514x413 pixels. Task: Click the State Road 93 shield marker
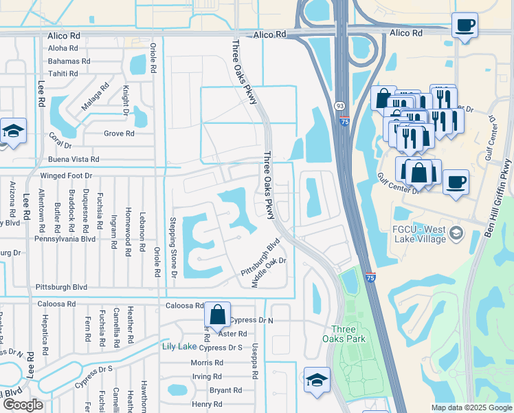[340, 106]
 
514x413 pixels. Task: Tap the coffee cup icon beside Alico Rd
[465, 26]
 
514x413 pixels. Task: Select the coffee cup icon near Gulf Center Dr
[456, 183]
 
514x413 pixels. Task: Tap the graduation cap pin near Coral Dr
[12, 131]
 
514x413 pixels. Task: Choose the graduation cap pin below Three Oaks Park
[317, 379]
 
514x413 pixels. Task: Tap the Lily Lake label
[179, 346]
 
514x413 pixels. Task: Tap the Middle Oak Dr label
[268, 272]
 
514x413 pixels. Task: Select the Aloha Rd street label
[63, 48]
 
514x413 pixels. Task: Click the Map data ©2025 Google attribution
[471, 407]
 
